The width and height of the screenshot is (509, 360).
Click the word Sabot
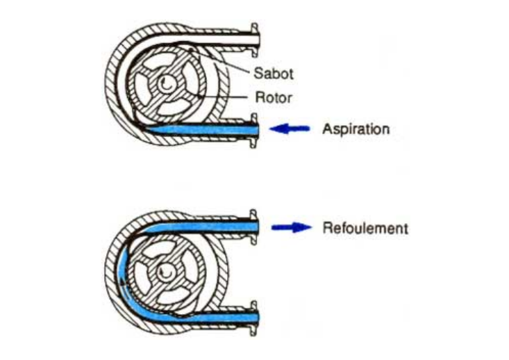click(x=273, y=73)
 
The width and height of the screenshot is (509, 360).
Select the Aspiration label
click(x=356, y=129)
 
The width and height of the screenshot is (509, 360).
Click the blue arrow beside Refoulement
click(x=291, y=228)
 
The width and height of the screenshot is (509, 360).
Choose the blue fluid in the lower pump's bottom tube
click(x=208, y=318)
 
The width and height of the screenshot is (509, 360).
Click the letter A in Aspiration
click(x=326, y=129)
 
